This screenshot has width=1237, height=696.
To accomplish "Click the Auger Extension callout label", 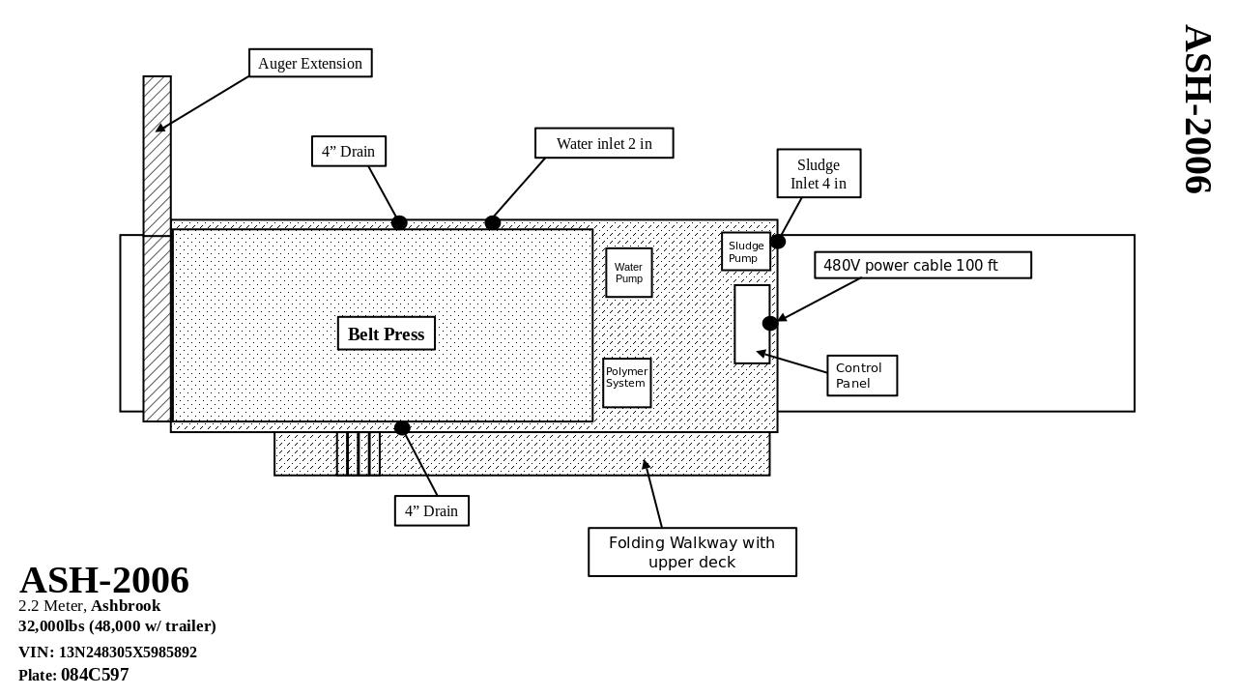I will tap(310, 63).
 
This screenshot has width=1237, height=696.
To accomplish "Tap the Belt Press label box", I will tap(387, 333).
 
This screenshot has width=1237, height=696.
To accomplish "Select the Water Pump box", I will tap(629, 273).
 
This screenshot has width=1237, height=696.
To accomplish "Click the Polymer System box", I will tap(626, 383).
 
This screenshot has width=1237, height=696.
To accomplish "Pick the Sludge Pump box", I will tap(745, 251).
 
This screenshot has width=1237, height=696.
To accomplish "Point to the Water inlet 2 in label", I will tap(604, 143).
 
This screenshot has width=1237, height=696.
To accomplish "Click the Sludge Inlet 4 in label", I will tap(819, 174).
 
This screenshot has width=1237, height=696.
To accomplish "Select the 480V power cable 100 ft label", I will tap(923, 265).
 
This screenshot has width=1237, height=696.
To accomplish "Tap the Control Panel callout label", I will tap(862, 375).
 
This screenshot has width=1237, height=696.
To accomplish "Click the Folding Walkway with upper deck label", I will tap(692, 552).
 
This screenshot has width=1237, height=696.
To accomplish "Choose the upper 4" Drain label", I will tap(349, 151).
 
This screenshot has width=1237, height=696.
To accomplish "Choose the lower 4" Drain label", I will tap(432, 510).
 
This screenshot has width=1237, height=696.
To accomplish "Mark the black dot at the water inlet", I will tap(493, 223).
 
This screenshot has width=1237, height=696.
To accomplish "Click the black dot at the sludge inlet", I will tap(778, 242).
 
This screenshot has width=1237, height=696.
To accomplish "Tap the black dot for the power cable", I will tap(769, 323).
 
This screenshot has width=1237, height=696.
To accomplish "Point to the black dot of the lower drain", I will tap(402, 427).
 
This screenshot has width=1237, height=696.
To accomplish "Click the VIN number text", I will tap(128, 652).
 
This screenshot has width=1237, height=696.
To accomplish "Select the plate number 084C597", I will tap(95, 675).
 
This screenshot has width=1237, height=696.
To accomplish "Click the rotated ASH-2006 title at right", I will tap(1197, 109).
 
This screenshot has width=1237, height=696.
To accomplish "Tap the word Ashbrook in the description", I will tap(126, 606).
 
